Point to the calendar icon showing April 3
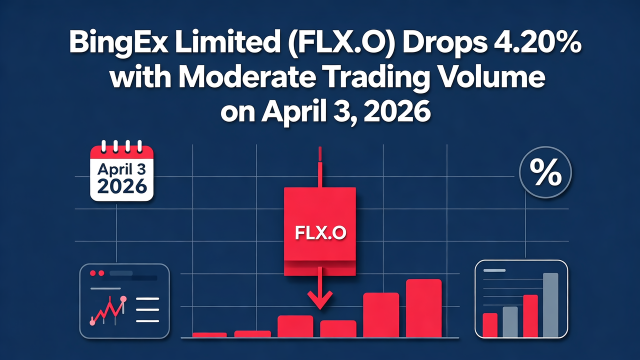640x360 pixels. [121, 172]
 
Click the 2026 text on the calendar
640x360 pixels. [121, 186]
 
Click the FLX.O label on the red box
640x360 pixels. [319, 233]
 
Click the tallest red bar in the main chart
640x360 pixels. [423, 308]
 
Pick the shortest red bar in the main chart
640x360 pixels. [209, 334]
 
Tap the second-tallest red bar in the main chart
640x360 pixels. [380, 315]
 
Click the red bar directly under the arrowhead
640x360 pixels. [338, 328]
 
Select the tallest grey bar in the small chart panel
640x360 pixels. [550, 305]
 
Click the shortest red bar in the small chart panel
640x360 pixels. [490, 325]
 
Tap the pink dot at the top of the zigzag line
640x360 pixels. [123, 299]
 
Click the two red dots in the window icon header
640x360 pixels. [97, 273]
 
